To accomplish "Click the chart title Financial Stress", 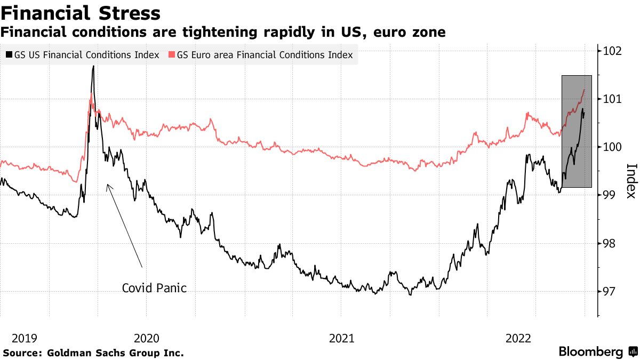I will point(81,13).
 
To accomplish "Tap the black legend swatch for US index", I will point(9,55).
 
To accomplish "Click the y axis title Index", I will point(630,180).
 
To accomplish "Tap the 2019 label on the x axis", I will point(24,338).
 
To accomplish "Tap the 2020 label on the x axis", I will point(147,338).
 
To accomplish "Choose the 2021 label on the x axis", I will point(341,338).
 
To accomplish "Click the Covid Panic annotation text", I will point(154,288).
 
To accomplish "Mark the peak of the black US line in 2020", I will point(93,66).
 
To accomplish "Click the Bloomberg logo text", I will point(590,352).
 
